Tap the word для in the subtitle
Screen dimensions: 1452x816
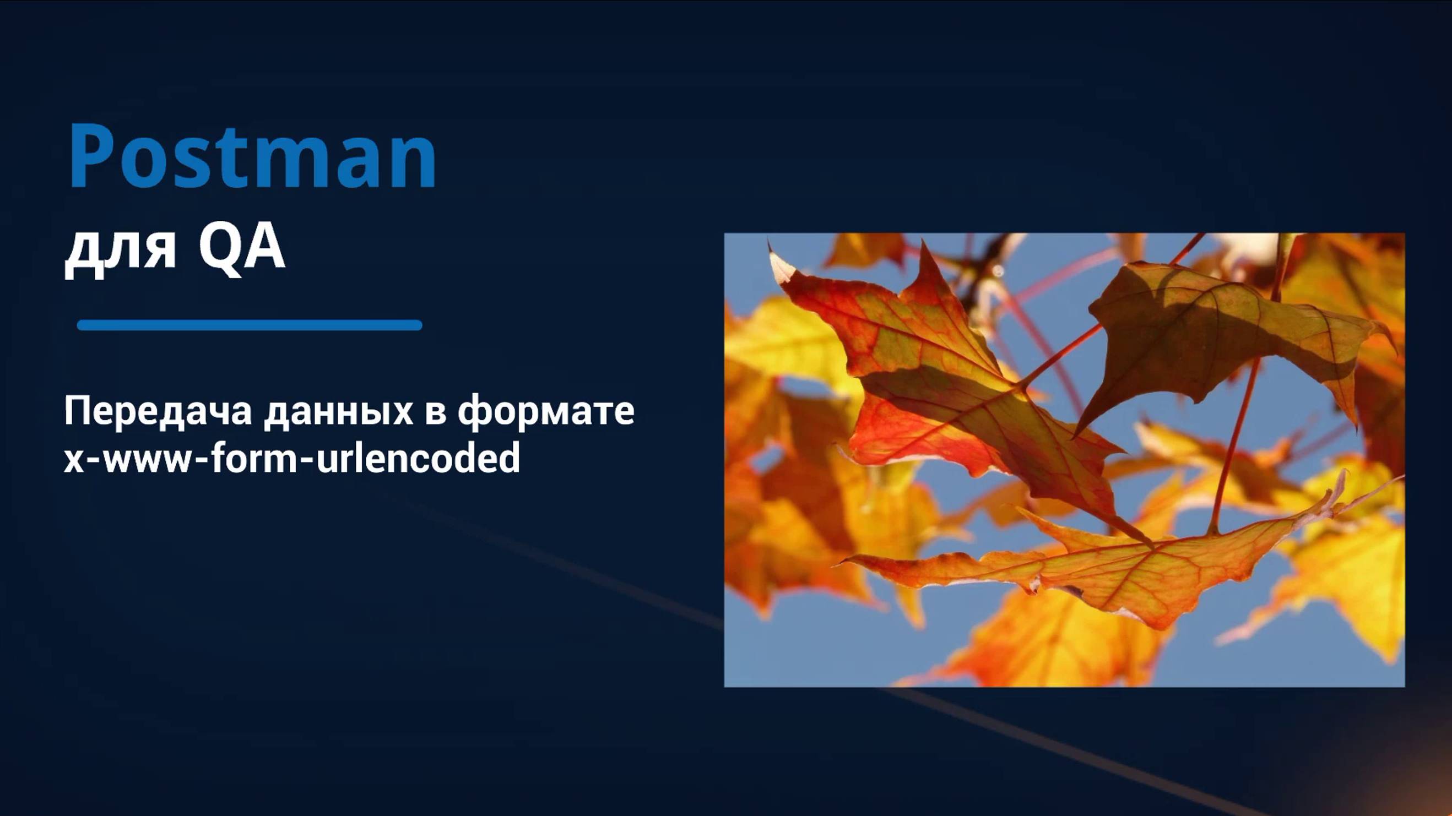pyautogui.click(x=121, y=253)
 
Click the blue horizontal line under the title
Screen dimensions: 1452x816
pyautogui.click(x=250, y=325)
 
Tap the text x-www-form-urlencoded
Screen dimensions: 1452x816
pyautogui.click(x=291, y=456)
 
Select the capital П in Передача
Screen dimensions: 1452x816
pyautogui.click(x=78, y=410)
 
